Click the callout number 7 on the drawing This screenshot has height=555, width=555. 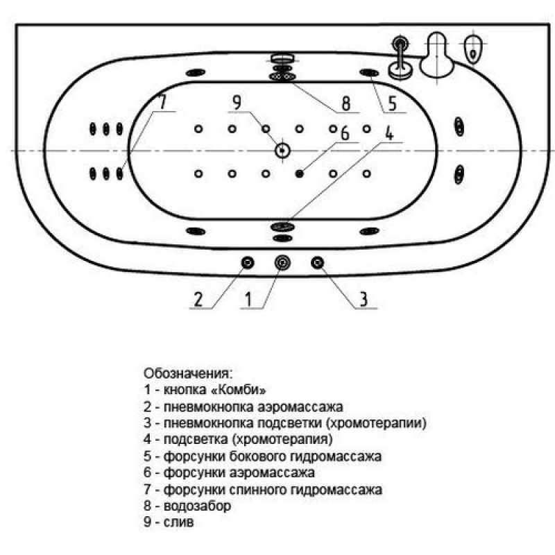click(x=162, y=101)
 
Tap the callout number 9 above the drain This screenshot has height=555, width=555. click(x=237, y=102)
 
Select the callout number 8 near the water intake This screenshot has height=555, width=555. click(x=345, y=103)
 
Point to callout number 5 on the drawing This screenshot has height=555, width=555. click(x=392, y=103)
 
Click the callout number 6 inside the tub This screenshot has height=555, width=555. click(x=345, y=133)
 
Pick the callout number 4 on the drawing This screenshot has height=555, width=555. click(x=389, y=133)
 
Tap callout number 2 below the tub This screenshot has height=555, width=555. click(x=198, y=300)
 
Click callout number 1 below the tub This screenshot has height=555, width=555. click(x=249, y=300)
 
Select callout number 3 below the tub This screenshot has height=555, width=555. click(x=364, y=300)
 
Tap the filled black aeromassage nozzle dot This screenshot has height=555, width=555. click(x=300, y=173)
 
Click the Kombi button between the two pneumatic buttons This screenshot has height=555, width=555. click(x=282, y=263)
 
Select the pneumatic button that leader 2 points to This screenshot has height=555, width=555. click(x=248, y=263)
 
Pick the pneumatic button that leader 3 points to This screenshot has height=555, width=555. click(x=318, y=263)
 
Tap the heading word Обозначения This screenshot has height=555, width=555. click(x=188, y=373)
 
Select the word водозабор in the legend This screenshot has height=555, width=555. click(x=197, y=506)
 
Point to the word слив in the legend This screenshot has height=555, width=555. click(x=179, y=522)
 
